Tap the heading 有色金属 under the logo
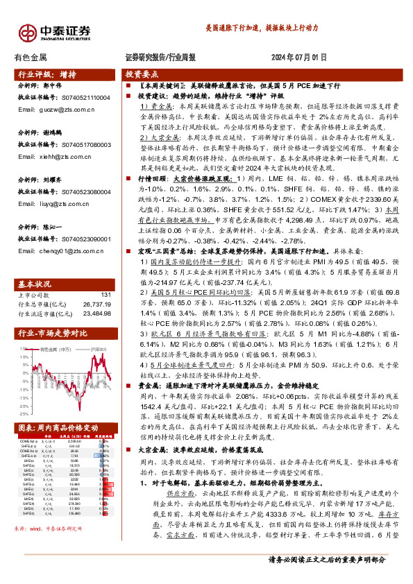pos(31,58)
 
